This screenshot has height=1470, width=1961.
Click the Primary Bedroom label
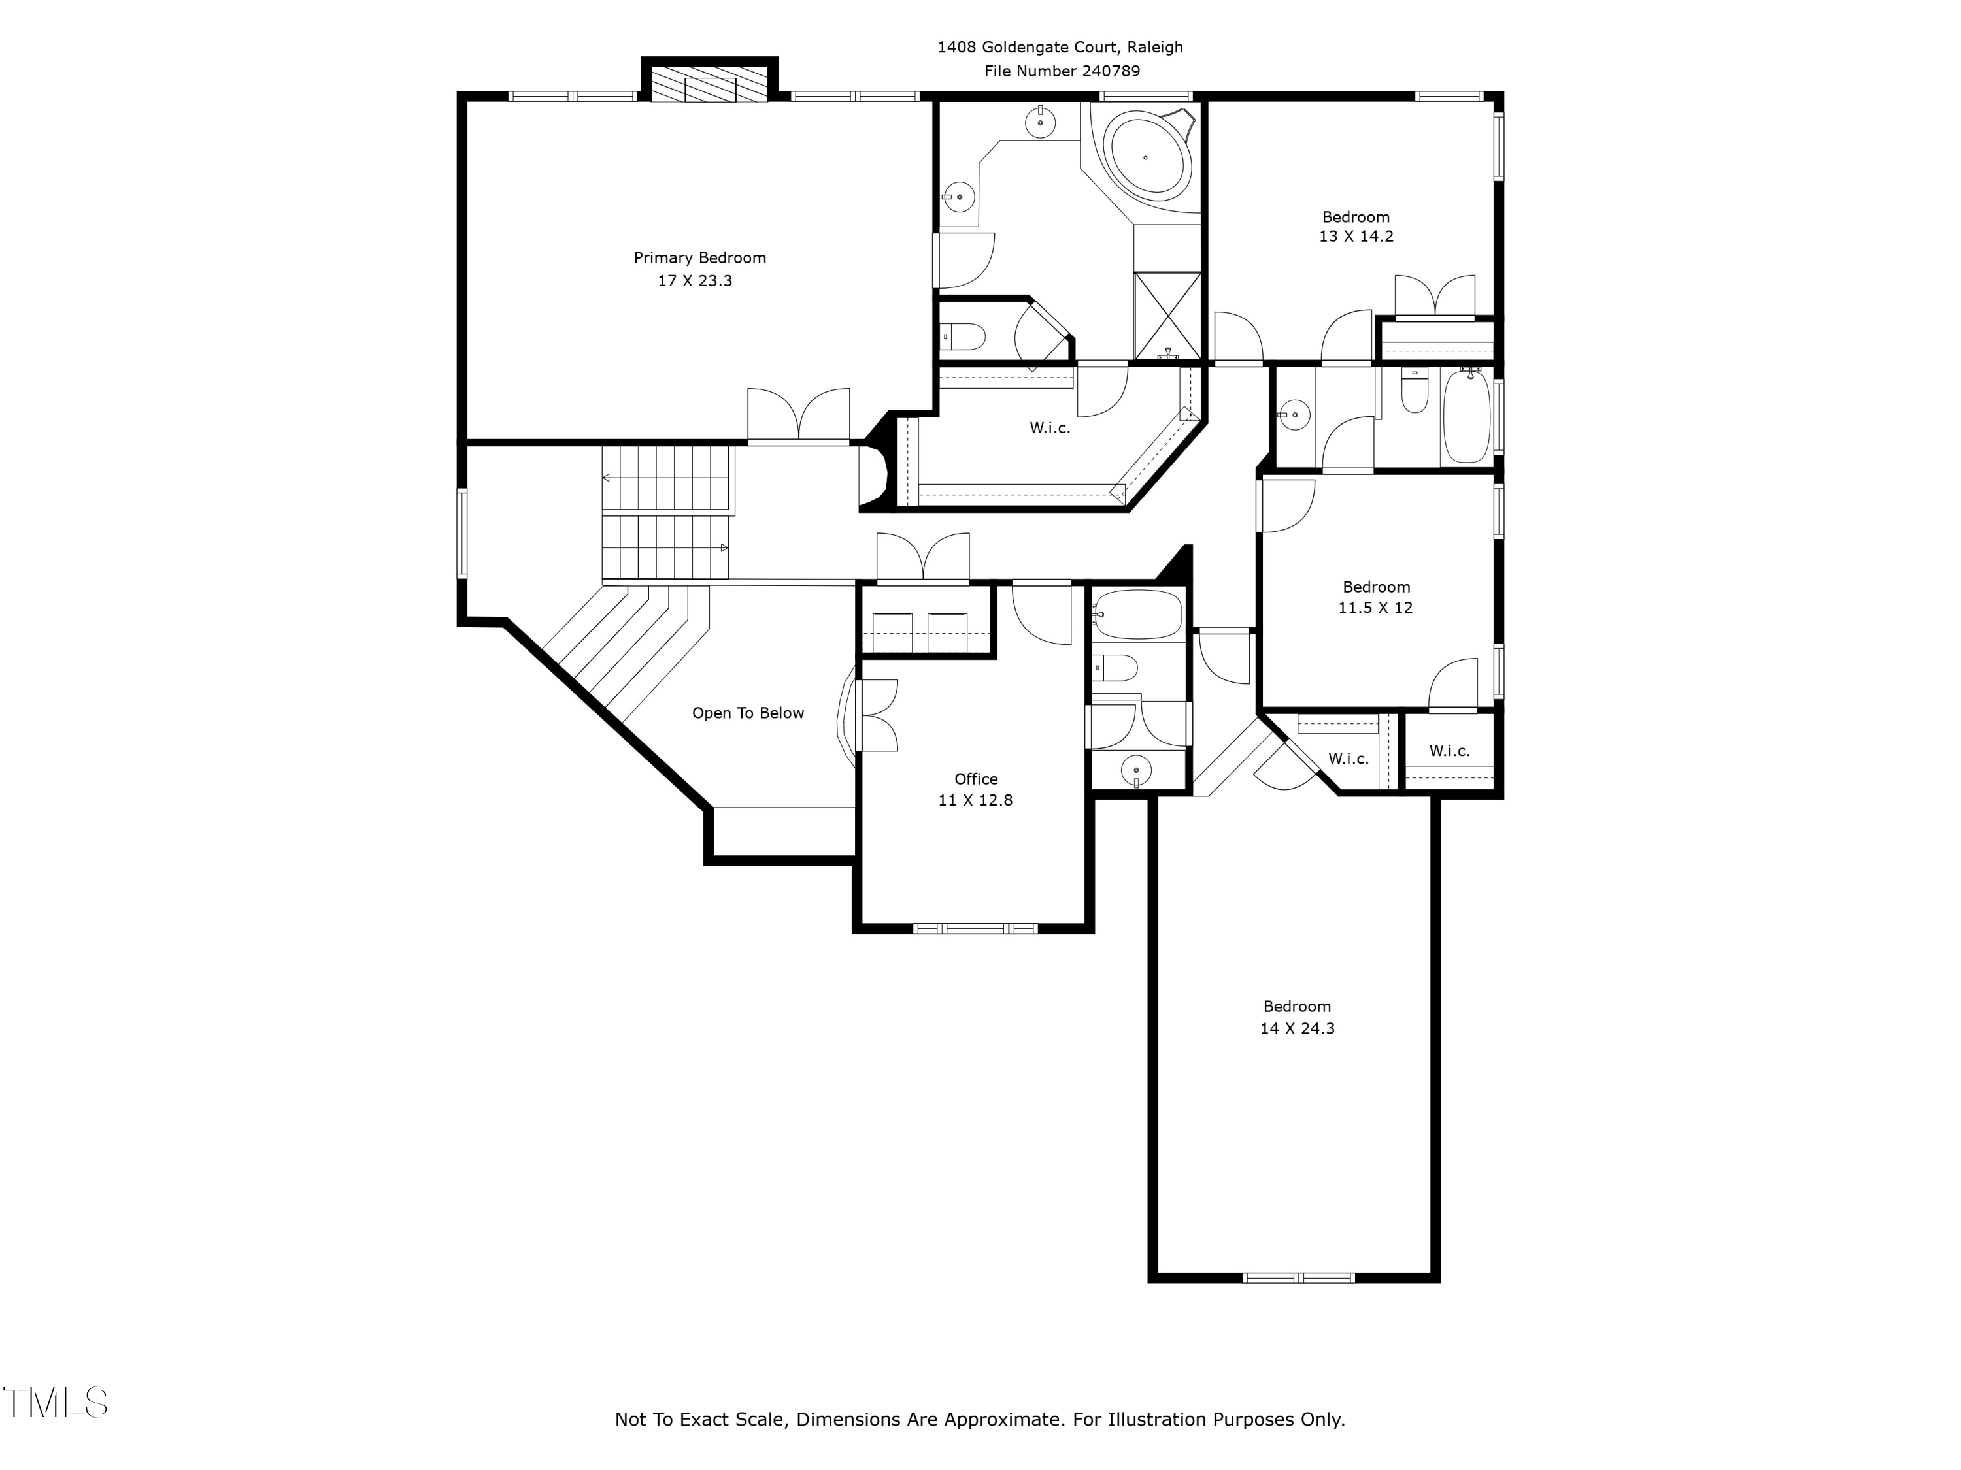tap(699, 258)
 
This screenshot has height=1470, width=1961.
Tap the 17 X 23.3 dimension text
tap(694, 281)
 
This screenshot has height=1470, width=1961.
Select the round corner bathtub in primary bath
tap(1145, 157)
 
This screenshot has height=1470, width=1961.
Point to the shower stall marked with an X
tap(1167, 316)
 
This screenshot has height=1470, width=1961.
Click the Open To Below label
tap(747, 713)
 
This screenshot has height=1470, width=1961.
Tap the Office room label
tap(975, 779)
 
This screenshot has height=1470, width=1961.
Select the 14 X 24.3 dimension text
tap(1297, 1029)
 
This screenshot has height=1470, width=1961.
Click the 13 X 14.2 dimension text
tap(1356, 237)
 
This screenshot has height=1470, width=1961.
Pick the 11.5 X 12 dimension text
tap(1375, 608)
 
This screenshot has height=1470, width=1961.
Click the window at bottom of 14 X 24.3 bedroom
tap(1298, 1278)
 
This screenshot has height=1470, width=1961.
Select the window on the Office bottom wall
tap(975, 928)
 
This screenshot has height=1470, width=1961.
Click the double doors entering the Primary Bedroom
tap(798, 416)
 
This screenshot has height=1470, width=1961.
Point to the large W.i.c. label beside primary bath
tap(1050, 428)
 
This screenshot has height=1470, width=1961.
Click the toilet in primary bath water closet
tap(965, 336)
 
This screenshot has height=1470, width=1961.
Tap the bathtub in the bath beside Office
tap(1138, 614)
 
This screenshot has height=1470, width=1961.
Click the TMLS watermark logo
tap(55, 1402)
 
